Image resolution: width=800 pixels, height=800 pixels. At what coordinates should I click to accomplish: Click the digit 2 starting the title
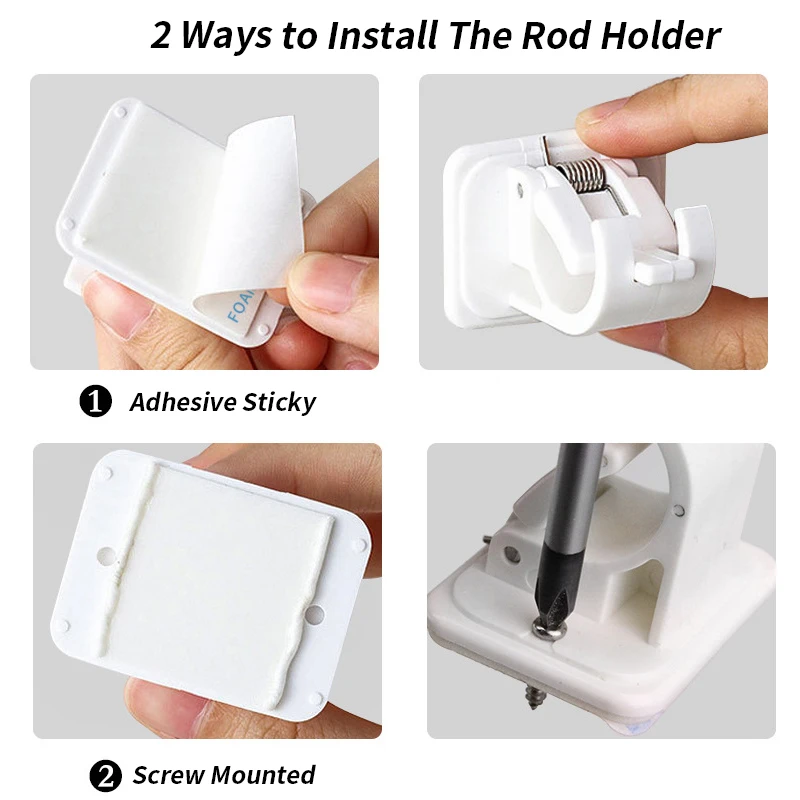[x=160, y=36]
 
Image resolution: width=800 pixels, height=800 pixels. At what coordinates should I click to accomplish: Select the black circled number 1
[x=95, y=402]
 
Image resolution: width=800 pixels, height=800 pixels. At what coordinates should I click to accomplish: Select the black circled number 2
[x=106, y=776]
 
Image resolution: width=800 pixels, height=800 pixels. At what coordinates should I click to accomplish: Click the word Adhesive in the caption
[x=183, y=402]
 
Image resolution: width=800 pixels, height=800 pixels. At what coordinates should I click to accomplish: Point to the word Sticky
[x=279, y=403]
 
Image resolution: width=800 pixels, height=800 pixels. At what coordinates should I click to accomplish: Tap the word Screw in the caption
[x=169, y=775]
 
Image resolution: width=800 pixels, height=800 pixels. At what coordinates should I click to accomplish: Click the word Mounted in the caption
[x=263, y=774]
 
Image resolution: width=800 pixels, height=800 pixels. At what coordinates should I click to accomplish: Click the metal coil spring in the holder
[x=581, y=174]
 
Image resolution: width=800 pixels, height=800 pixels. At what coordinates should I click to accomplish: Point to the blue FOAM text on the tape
[x=241, y=306]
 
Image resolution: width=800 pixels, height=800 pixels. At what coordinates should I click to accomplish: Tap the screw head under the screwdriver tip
[x=547, y=628]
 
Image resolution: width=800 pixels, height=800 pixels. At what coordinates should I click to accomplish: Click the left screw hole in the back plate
[x=106, y=555]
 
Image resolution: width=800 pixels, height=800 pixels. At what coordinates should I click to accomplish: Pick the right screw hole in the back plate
[x=315, y=616]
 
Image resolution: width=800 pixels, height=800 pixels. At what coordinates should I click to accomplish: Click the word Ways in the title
[x=227, y=37]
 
